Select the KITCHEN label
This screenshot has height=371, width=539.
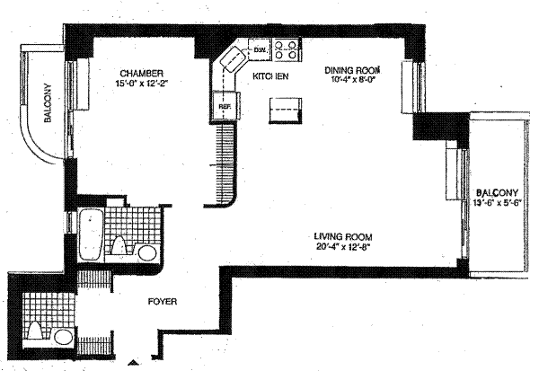click(269, 78)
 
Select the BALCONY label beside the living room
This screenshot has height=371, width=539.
click(497, 193)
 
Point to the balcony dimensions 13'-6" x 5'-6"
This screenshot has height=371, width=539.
click(497, 204)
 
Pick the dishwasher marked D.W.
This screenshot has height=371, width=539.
click(260, 49)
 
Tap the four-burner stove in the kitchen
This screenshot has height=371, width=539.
click(287, 48)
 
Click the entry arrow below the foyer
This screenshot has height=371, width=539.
click(134, 364)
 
